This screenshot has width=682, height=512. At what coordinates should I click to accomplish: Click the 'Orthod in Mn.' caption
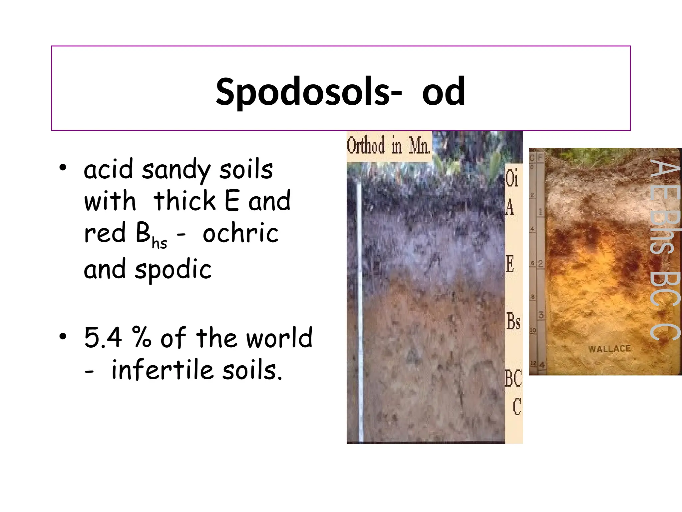[x=389, y=146]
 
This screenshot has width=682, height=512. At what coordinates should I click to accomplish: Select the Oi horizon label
[x=511, y=178]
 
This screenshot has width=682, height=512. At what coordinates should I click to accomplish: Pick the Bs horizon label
[x=513, y=321]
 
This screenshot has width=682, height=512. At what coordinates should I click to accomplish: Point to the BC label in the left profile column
[x=513, y=378]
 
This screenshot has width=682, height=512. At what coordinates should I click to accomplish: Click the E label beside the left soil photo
[x=510, y=264]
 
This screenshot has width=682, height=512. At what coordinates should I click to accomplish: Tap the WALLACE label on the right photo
[x=609, y=349]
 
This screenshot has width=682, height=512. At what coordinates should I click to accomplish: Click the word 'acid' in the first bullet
[x=109, y=169]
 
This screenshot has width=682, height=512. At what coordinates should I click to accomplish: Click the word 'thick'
[x=184, y=201]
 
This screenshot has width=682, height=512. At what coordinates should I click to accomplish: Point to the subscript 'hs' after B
[x=159, y=243]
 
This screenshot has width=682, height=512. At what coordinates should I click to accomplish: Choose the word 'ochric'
[x=240, y=233]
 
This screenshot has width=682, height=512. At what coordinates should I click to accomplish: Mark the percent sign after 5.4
[x=142, y=337]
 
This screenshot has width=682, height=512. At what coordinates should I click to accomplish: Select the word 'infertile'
[x=162, y=370]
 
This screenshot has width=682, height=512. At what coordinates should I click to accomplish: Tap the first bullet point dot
[x=63, y=168]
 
